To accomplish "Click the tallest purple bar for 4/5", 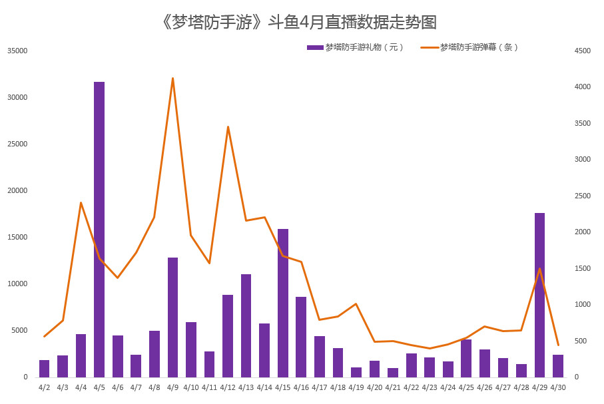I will (99, 230).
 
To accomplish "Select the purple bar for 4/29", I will (539, 295).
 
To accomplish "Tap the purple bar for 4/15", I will (283, 303).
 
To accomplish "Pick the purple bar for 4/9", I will (172, 317).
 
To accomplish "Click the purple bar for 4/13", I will (246, 325).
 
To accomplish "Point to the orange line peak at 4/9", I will (172, 78).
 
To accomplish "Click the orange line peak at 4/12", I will (228, 126).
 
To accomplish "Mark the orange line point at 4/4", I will (81, 202).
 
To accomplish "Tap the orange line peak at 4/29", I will (539, 268).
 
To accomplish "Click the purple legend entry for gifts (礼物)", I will (356, 47).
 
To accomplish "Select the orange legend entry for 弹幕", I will (470, 47).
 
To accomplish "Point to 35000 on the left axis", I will (17, 51).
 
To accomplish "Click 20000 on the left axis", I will (17, 190).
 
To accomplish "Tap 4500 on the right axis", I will (581, 51).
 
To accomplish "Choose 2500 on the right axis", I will (581, 196).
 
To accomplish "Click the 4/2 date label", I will (44, 387).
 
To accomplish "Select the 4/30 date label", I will (557, 387).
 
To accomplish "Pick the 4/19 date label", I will (356, 387).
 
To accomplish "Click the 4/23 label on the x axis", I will (430, 387).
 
